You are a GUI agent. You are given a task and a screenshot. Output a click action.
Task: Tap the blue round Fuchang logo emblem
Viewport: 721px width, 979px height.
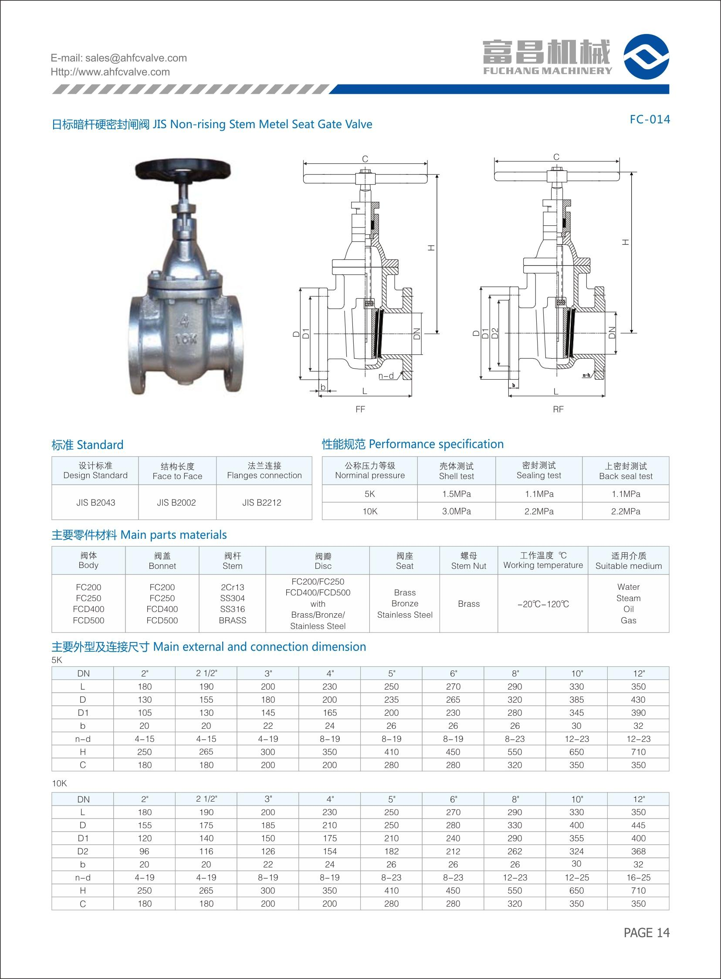point(647,57)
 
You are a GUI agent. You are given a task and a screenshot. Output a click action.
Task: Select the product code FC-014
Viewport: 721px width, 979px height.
point(650,119)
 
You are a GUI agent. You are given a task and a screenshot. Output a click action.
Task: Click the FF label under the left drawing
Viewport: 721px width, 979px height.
point(360,409)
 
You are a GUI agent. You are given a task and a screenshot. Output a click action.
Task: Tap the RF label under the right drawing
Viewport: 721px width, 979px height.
point(558,409)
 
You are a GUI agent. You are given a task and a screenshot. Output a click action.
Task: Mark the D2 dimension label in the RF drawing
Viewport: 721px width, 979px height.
point(494,333)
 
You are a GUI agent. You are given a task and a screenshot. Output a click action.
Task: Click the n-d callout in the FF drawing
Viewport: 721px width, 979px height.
point(386,376)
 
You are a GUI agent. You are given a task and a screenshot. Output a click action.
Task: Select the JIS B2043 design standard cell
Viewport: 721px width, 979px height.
point(95,503)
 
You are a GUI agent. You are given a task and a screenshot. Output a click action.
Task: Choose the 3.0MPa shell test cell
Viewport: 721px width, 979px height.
point(456,511)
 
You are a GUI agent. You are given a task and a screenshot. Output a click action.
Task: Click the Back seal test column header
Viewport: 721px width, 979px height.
point(626,471)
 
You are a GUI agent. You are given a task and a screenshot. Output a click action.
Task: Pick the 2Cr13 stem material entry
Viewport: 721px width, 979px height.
point(232,587)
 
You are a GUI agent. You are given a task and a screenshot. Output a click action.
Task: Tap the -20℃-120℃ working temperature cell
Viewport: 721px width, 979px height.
point(543,604)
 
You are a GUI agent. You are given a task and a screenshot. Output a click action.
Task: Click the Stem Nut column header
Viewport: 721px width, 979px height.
point(469,561)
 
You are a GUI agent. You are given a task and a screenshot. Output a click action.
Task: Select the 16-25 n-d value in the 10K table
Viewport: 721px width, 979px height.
point(638,877)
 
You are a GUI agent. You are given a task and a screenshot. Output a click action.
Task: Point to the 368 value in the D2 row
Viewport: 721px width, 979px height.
point(638,851)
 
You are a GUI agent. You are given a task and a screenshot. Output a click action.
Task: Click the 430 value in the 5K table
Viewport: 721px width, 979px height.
point(638,700)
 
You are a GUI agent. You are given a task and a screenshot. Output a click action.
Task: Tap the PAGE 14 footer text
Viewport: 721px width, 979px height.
point(647,933)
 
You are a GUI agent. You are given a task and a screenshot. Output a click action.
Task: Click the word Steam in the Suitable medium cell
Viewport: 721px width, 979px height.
point(629,598)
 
